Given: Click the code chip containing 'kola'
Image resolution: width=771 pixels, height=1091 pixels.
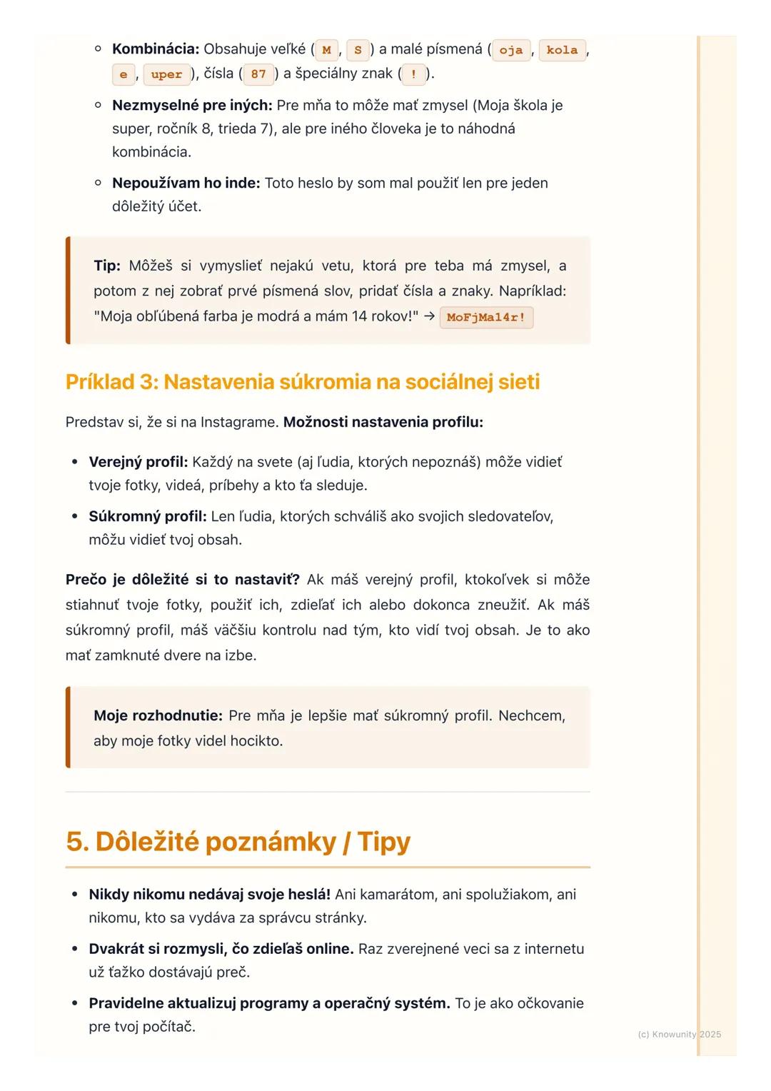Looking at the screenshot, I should tap(562, 50).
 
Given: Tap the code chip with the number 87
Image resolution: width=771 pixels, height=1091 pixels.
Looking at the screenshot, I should tap(258, 74).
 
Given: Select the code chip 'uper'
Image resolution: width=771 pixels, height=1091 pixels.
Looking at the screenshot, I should tap(166, 74).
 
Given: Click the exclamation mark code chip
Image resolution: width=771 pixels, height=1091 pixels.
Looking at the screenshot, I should tap(413, 74).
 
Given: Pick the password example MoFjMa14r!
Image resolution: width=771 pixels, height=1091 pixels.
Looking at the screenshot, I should tap(486, 318).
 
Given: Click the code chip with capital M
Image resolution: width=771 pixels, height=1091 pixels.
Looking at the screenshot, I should tap(326, 50).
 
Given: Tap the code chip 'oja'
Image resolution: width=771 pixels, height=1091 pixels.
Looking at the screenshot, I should tap(510, 50).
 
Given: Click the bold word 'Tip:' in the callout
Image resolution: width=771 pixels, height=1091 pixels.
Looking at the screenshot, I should tap(107, 266).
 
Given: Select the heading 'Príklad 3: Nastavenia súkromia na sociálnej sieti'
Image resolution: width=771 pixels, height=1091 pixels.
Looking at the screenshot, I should tap(302, 382).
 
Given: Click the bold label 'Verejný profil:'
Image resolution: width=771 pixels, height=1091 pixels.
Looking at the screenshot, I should tap(138, 462).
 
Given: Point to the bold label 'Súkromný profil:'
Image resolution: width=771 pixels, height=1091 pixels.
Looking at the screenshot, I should tap(147, 516).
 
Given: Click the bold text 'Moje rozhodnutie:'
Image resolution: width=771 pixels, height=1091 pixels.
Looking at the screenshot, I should tap(158, 715).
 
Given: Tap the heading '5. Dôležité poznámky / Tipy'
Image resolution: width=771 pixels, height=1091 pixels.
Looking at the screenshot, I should tap(238, 841).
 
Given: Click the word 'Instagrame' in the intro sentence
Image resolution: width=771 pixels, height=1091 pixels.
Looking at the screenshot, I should tap(239, 422).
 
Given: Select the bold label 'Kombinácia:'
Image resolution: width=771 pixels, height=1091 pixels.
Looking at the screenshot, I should tap(155, 49).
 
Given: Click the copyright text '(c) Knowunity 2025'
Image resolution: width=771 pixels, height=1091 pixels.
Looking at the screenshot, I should tap(679, 1034).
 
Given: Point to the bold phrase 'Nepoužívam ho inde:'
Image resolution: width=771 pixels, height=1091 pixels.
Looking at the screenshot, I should tap(186, 183).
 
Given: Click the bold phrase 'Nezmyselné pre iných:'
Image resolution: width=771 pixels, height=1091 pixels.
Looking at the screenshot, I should tap(192, 106).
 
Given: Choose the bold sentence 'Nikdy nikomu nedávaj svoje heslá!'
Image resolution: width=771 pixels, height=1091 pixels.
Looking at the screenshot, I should tap(209, 895).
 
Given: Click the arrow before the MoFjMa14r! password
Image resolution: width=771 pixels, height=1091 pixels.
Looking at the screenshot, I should tap(429, 316).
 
